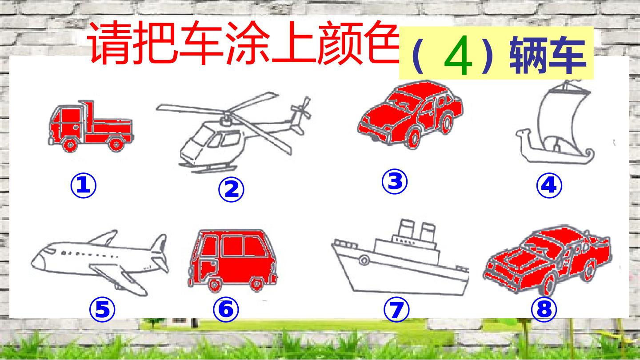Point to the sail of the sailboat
[x=560, y=120]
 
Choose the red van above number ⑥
[x=232, y=260]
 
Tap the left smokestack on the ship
[x=406, y=228]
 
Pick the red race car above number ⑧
[x=548, y=260]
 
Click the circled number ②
[x=231, y=189]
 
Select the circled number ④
[x=549, y=186]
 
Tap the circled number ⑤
[x=102, y=309]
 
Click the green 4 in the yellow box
[x=458, y=55]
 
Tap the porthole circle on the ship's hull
[x=364, y=260]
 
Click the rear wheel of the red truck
[x=116, y=144]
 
